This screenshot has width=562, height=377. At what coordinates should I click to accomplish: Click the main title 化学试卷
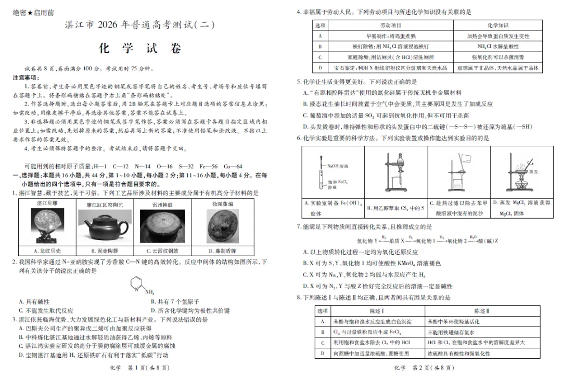(x=140, y=48)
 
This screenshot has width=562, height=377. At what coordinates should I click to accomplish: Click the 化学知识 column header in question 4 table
(x=498, y=25)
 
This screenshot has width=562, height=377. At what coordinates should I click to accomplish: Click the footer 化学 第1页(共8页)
(x=140, y=368)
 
